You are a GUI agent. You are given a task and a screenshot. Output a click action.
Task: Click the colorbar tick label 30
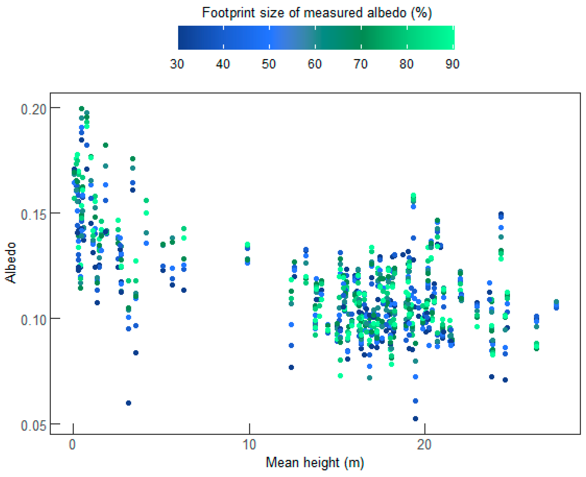(x=177, y=64)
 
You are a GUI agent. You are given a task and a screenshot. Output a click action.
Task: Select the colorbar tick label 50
(x=269, y=64)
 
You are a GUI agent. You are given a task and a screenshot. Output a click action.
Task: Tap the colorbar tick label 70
(x=360, y=64)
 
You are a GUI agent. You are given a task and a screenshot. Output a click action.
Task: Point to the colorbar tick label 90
(x=452, y=64)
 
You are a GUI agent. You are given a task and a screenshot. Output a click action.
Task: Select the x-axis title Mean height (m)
(x=315, y=462)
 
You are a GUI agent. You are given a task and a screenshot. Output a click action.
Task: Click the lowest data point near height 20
(x=415, y=418)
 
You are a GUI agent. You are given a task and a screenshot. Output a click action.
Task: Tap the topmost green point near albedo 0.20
(x=82, y=109)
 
